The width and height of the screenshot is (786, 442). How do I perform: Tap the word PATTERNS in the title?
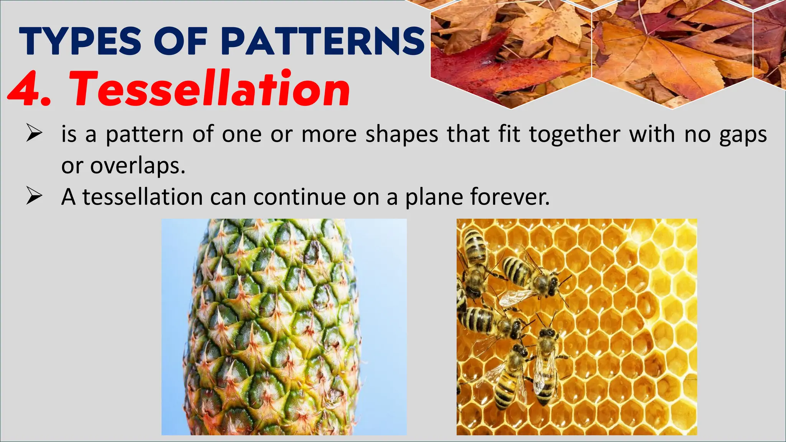323,41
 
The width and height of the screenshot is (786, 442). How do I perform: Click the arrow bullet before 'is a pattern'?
34,134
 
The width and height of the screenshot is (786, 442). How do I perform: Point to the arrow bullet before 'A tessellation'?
34,197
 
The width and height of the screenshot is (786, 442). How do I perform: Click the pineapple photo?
284,327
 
